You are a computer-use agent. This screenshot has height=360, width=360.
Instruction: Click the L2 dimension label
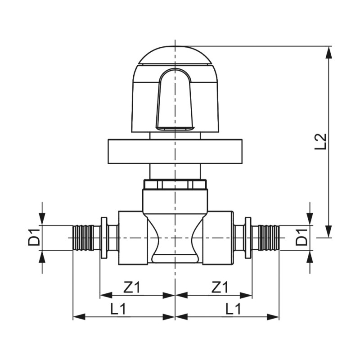[x=320, y=141]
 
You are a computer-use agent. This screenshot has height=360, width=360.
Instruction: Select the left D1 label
[x=34, y=237]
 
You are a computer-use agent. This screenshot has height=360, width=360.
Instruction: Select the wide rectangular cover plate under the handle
[x=175, y=152]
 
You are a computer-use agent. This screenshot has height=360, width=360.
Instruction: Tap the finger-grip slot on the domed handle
[x=175, y=99]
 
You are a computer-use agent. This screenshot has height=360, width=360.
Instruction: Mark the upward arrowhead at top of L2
[x=330, y=52]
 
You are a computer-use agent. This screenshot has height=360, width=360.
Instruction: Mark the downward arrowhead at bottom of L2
[x=330, y=232]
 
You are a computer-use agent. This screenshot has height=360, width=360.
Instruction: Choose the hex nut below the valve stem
[x=175, y=184]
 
